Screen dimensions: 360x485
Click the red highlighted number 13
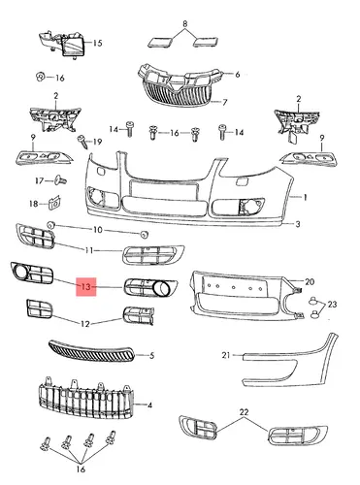coord(86,286)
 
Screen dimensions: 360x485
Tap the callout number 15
coord(97,43)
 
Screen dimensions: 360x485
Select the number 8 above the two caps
coord(185,23)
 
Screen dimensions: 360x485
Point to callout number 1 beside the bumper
coord(305,197)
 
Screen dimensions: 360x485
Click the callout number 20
coord(310,282)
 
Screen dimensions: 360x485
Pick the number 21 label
coord(226,355)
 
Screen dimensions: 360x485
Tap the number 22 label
coord(244,412)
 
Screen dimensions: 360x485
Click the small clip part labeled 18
coord(54,203)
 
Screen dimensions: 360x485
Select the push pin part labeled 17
coord(60,179)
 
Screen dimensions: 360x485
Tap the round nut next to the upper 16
coord(40,78)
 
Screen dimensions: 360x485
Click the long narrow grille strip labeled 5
coord(91,351)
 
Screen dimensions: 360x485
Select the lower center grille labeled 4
coord(85,398)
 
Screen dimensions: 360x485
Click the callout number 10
coord(97,230)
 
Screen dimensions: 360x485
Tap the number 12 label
coord(84,323)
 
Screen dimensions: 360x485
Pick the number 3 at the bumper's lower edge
coord(298,224)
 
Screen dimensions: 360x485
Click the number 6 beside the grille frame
coord(237,75)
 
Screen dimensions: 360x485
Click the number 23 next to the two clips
coord(332,305)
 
